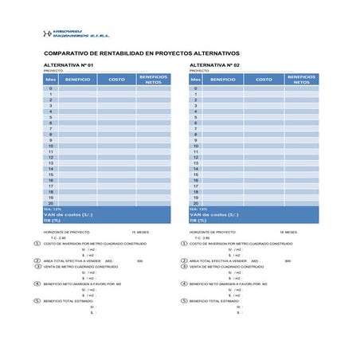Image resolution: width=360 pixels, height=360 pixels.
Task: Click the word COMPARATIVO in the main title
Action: [68, 53]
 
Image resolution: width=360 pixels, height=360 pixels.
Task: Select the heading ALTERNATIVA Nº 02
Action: [215, 65]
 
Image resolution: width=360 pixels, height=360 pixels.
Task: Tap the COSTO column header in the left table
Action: [116, 80]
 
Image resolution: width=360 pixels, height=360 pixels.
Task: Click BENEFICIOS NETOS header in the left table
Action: [154, 80]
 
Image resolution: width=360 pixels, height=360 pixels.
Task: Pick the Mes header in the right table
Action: [195, 80]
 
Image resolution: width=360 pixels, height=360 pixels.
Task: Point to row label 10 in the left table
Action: [50, 147]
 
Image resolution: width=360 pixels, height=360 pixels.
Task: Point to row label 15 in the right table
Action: [195, 174]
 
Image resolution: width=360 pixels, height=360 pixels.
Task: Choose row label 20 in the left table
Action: [50, 203]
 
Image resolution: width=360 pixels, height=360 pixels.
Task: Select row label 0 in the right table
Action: [195, 88]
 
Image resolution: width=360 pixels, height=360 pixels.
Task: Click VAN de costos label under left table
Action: [68, 214]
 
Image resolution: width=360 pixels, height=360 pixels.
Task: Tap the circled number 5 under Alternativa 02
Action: [184, 300]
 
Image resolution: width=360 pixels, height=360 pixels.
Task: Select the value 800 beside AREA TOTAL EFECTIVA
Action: [288, 260]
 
